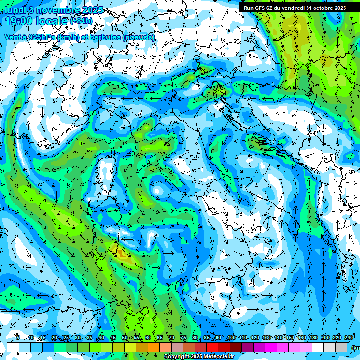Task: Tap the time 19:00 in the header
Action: click(x=22, y=21)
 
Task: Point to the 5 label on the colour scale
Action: click(x=18, y=337)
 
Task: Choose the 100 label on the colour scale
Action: click(x=232, y=337)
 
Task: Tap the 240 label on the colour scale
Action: click(x=349, y=337)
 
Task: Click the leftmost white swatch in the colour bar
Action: click(x=13, y=347)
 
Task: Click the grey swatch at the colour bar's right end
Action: click(x=342, y=347)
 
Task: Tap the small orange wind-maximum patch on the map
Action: click(x=122, y=254)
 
